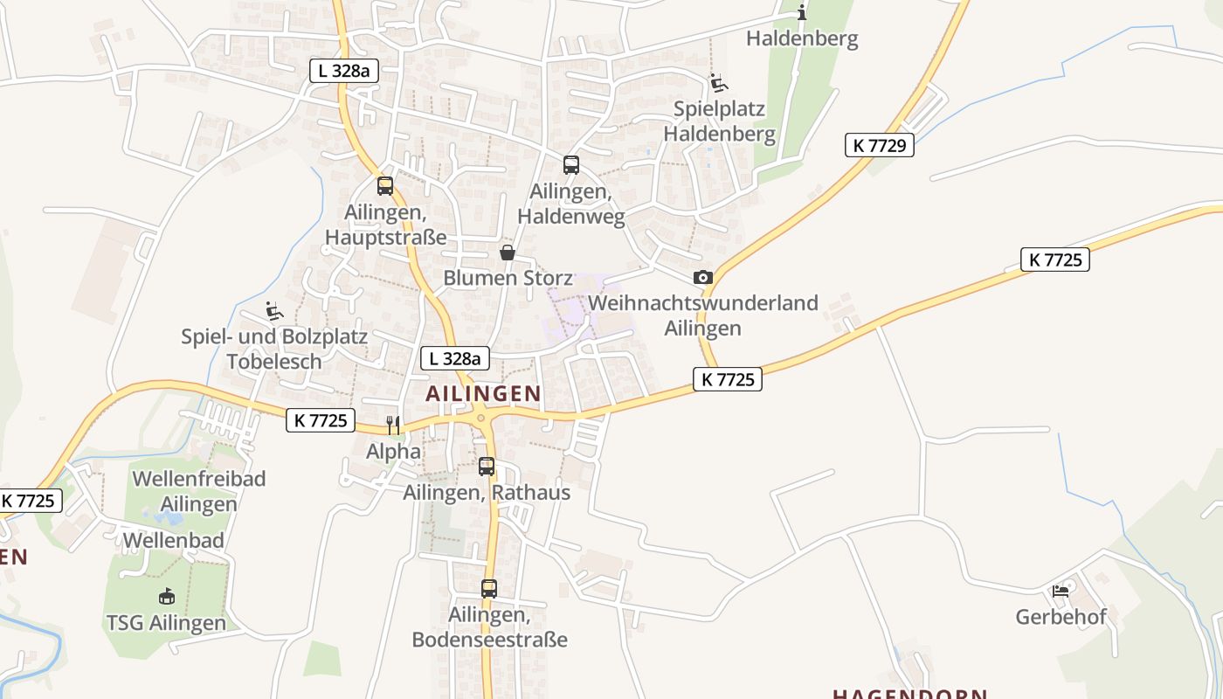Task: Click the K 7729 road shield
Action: pos(879,145)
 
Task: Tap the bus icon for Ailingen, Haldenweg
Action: pos(571,164)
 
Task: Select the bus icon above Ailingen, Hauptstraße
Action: pos(385,185)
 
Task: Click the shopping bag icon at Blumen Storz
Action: pos(507,253)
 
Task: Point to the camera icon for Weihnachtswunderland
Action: pos(702,278)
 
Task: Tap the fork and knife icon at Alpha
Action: pos(393,425)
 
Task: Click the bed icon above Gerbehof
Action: pos(1061,591)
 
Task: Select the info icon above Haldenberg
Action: pos(802,12)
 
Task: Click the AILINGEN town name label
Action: pos(483,394)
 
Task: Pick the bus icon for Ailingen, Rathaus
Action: pos(487,467)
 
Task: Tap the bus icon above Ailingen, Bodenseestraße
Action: pos(489,589)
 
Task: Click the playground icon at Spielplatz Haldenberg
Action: pos(719,83)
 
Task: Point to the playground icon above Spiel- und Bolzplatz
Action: pos(274,310)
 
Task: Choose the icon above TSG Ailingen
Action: pos(166,597)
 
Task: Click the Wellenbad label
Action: pos(173,540)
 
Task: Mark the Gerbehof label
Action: pos(1061,617)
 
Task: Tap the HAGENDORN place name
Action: pos(909,695)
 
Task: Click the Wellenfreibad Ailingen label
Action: pos(198,491)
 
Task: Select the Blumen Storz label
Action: pos(508,278)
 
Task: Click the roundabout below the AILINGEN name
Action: pos(480,419)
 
